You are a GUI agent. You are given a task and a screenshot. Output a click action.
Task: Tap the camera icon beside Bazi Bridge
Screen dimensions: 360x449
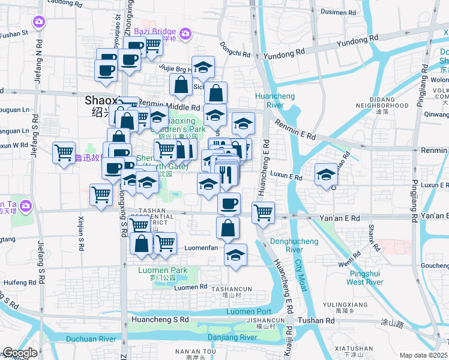point(185,34)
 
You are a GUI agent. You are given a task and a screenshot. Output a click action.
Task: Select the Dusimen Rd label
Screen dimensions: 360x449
point(339,11)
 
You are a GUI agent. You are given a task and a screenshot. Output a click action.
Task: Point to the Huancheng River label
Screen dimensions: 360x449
point(269,100)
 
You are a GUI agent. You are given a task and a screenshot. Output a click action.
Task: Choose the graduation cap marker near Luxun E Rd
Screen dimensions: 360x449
point(326,175)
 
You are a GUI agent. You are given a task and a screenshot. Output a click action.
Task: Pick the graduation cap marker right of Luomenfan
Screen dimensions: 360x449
point(236,254)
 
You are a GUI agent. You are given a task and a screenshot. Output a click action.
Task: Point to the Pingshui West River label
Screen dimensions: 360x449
point(365,277)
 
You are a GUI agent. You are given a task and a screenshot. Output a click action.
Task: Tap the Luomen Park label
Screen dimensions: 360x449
point(163,270)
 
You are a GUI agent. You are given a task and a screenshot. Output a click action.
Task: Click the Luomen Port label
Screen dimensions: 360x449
point(249,311)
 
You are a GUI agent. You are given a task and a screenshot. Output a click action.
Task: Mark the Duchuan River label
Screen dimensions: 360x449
point(91,339)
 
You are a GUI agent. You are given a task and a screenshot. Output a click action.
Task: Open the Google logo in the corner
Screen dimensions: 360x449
point(20,353)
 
